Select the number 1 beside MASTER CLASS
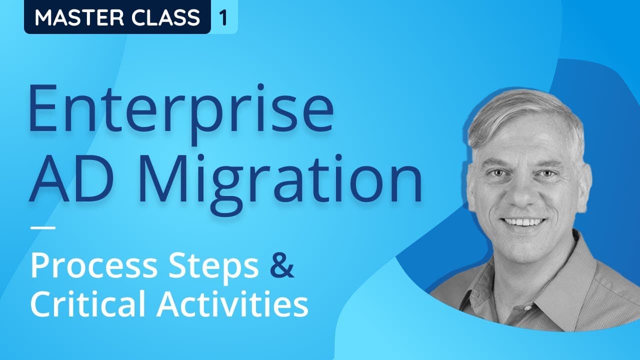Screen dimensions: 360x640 click(x=223, y=17)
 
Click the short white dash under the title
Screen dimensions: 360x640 click(x=43, y=229)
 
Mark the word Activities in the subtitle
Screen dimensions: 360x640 click(x=232, y=304)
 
